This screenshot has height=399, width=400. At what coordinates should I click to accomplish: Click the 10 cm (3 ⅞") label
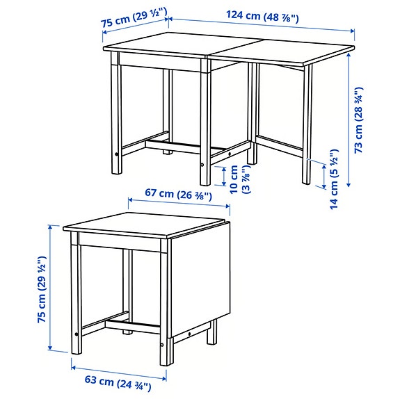[x=240, y=178]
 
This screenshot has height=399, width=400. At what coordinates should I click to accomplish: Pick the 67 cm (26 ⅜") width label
[x=179, y=195]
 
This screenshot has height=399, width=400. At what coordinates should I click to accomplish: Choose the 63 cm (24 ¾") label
[x=111, y=381]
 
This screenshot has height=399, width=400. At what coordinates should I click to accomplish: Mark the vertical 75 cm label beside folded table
[x=43, y=288]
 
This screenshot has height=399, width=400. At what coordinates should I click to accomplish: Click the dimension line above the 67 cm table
[x=179, y=206]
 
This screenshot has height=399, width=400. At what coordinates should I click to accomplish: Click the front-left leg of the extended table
[x=115, y=118]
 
